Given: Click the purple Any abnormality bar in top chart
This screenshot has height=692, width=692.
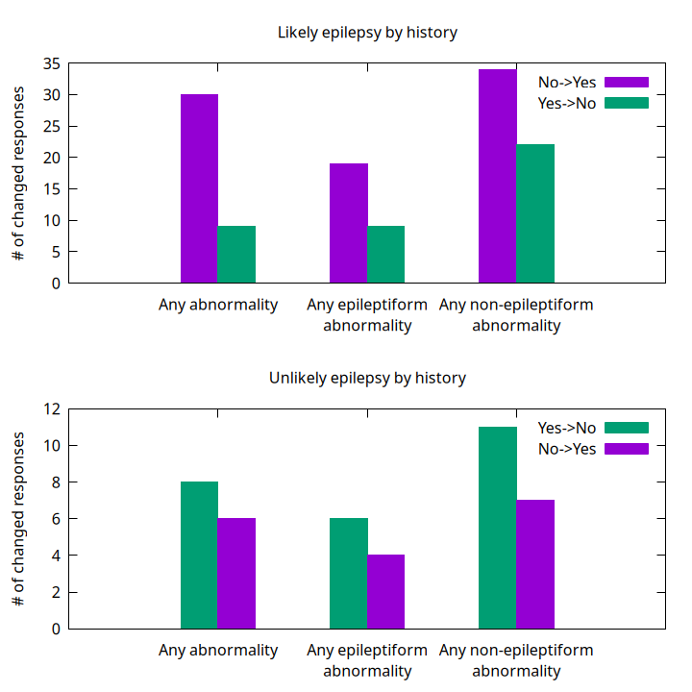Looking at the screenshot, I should point(199,188).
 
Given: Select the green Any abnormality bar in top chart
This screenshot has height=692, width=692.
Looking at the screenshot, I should point(236,255).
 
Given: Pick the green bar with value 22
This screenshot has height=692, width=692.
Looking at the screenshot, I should point(535,213).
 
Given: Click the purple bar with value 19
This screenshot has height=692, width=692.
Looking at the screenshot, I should point(348,223).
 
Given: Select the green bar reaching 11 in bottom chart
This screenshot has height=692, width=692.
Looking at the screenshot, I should point(497,528).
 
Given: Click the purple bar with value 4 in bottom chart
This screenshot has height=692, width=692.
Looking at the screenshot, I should point(385,591).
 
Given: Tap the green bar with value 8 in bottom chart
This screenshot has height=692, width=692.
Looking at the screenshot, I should point(199,555).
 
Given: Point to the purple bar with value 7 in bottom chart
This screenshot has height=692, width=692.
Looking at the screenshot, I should point(535,564).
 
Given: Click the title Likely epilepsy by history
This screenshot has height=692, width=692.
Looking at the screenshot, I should point(367,33).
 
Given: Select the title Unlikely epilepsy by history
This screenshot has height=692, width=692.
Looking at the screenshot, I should point(367,378).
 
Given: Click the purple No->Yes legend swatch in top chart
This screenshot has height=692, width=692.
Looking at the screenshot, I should point(627,82).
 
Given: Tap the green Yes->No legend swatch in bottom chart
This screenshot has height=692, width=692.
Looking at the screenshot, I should point(627,428).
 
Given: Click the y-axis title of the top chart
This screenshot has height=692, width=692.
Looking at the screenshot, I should point(19,174).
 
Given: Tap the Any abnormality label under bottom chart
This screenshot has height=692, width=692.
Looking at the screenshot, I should point(218,651).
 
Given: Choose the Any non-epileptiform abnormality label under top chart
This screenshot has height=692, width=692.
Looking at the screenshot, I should point(516,315).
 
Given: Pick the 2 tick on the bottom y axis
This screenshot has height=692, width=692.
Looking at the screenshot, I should point(56,592).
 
